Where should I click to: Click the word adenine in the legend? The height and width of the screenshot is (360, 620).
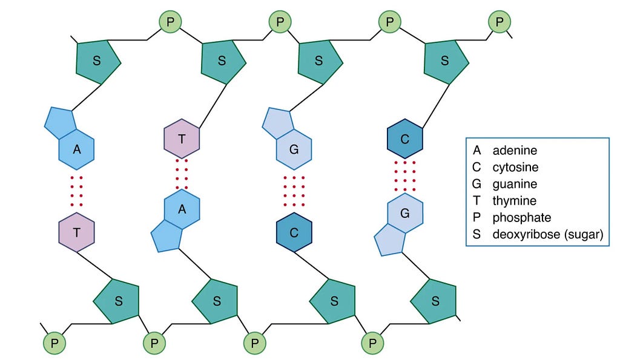(515, 150)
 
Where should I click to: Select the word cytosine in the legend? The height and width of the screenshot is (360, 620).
(515, 168)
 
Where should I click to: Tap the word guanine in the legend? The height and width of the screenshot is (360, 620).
(515, 185)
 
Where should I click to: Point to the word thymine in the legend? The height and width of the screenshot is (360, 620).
(515, 201)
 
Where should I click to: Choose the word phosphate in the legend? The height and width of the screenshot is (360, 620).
(521, 218)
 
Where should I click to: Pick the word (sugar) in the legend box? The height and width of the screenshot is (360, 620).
(584, 235)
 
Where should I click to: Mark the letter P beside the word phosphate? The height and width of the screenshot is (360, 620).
(477, 217)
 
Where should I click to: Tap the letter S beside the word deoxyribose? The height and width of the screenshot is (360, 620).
(477, 234)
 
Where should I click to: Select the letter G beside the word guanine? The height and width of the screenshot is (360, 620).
(477, 184)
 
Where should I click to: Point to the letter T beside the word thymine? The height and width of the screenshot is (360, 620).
(477, 201)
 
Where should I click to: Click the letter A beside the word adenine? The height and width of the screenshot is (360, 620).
(477, 150)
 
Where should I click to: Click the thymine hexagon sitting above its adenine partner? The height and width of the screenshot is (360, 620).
(182, 139)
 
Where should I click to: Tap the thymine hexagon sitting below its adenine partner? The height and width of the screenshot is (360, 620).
(77, 232)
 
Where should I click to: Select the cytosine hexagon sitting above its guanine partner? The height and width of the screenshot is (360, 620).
(405, 139)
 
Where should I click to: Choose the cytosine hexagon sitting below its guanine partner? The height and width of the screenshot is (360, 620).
(294, 232)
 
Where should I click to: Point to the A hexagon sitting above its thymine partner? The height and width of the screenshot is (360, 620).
(77, 149)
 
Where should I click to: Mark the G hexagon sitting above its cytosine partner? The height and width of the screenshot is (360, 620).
(294, 149)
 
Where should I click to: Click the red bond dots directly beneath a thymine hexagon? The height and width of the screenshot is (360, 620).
(182, 174)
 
